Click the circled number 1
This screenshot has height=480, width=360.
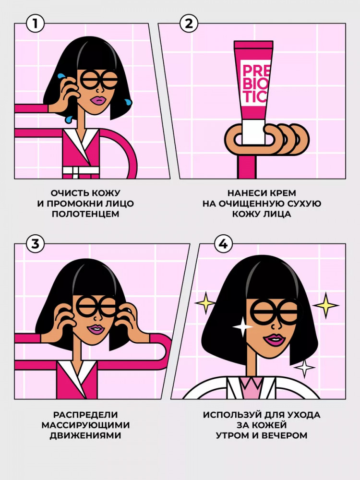pos(35,24)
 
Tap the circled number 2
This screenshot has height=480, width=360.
pos(189,24)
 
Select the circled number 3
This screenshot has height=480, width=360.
pos(36,244)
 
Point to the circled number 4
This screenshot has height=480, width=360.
pos(223,244)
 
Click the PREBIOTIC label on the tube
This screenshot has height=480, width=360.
pos(254,83)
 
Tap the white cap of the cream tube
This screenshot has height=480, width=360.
pos(253,132)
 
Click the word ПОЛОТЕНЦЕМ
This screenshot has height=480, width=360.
pos(85,214)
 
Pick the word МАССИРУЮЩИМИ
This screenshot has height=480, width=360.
pos(86,425)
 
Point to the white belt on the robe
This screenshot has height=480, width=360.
pos(81,171)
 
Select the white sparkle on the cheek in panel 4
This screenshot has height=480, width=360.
pos(243,326)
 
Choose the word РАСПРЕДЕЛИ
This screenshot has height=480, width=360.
pos(85,415)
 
